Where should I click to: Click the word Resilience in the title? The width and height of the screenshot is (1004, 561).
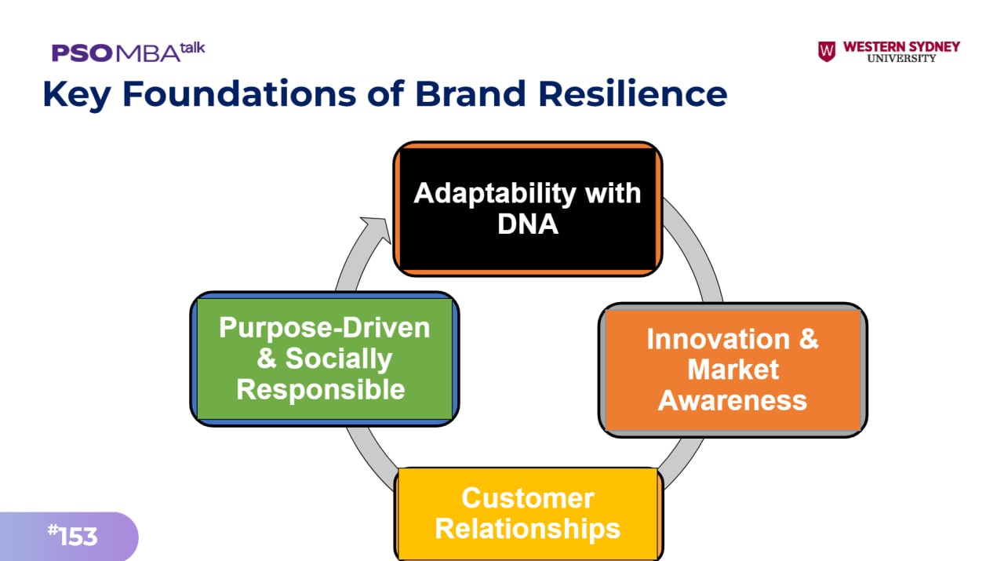632,93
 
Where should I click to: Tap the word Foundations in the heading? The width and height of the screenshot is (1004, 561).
239,93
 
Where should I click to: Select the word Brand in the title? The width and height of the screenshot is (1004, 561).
471,93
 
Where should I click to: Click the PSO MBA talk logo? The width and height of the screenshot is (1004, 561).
128,52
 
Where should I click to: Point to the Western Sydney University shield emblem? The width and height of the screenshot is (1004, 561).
827,52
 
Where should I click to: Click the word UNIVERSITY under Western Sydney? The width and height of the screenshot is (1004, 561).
901,58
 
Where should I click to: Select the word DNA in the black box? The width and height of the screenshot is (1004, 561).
528,224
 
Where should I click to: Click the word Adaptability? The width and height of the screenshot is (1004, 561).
495,194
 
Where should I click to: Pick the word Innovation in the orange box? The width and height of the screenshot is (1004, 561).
718,339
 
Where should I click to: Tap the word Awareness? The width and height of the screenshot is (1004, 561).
733,400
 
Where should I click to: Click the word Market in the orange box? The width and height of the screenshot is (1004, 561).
733,370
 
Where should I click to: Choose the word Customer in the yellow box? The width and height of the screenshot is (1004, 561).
528,497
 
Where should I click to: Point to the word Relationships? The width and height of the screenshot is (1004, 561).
528,529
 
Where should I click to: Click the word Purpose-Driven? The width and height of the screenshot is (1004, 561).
325,327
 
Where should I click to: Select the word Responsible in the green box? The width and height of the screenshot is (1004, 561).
321,389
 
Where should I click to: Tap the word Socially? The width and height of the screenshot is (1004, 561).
339,359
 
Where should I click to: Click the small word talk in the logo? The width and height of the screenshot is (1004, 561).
193,48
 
